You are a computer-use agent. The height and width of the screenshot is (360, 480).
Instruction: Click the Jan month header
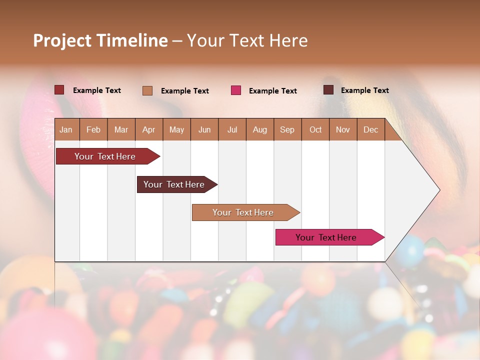point(66,129)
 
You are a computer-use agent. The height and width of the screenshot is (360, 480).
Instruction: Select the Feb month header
point(93,129)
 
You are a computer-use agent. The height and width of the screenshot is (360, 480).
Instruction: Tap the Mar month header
point(121,129)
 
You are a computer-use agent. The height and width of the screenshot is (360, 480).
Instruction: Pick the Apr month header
point(149,129)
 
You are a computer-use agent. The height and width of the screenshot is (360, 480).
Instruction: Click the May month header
point(176,129)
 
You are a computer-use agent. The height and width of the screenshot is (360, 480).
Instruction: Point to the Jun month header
point(204,129)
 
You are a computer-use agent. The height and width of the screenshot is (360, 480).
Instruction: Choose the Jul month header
point(232,129)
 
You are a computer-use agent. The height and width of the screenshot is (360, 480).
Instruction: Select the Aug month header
point(260,129)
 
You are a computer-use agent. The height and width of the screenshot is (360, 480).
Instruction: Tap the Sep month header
point(287,129)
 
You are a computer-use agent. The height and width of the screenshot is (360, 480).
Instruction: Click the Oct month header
point(315,129)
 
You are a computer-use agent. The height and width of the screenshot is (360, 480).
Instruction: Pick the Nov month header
point(343,129)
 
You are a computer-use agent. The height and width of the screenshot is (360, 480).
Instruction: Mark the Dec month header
point(371,129)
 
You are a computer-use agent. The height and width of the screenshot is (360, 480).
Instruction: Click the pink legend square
point(236,90)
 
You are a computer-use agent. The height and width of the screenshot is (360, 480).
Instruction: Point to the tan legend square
point(147,90)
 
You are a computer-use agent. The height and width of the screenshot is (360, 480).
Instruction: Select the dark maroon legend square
point(328,90)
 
